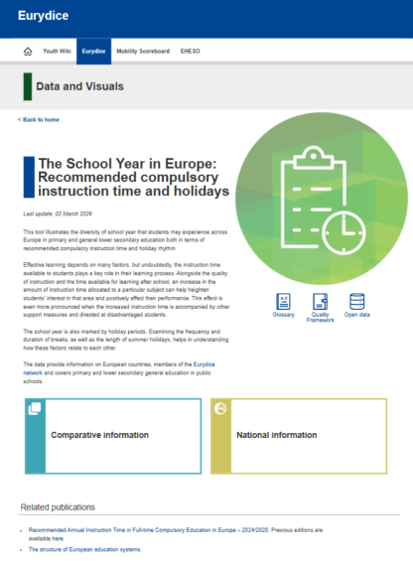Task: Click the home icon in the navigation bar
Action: point(28,50)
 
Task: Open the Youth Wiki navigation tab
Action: point(56,50)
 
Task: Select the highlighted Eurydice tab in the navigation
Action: point(94,50)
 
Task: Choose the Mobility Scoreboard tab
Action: point(142,50)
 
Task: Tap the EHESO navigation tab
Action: point(191,50)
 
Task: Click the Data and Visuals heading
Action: point(79,87)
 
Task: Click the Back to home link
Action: point(40,119)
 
